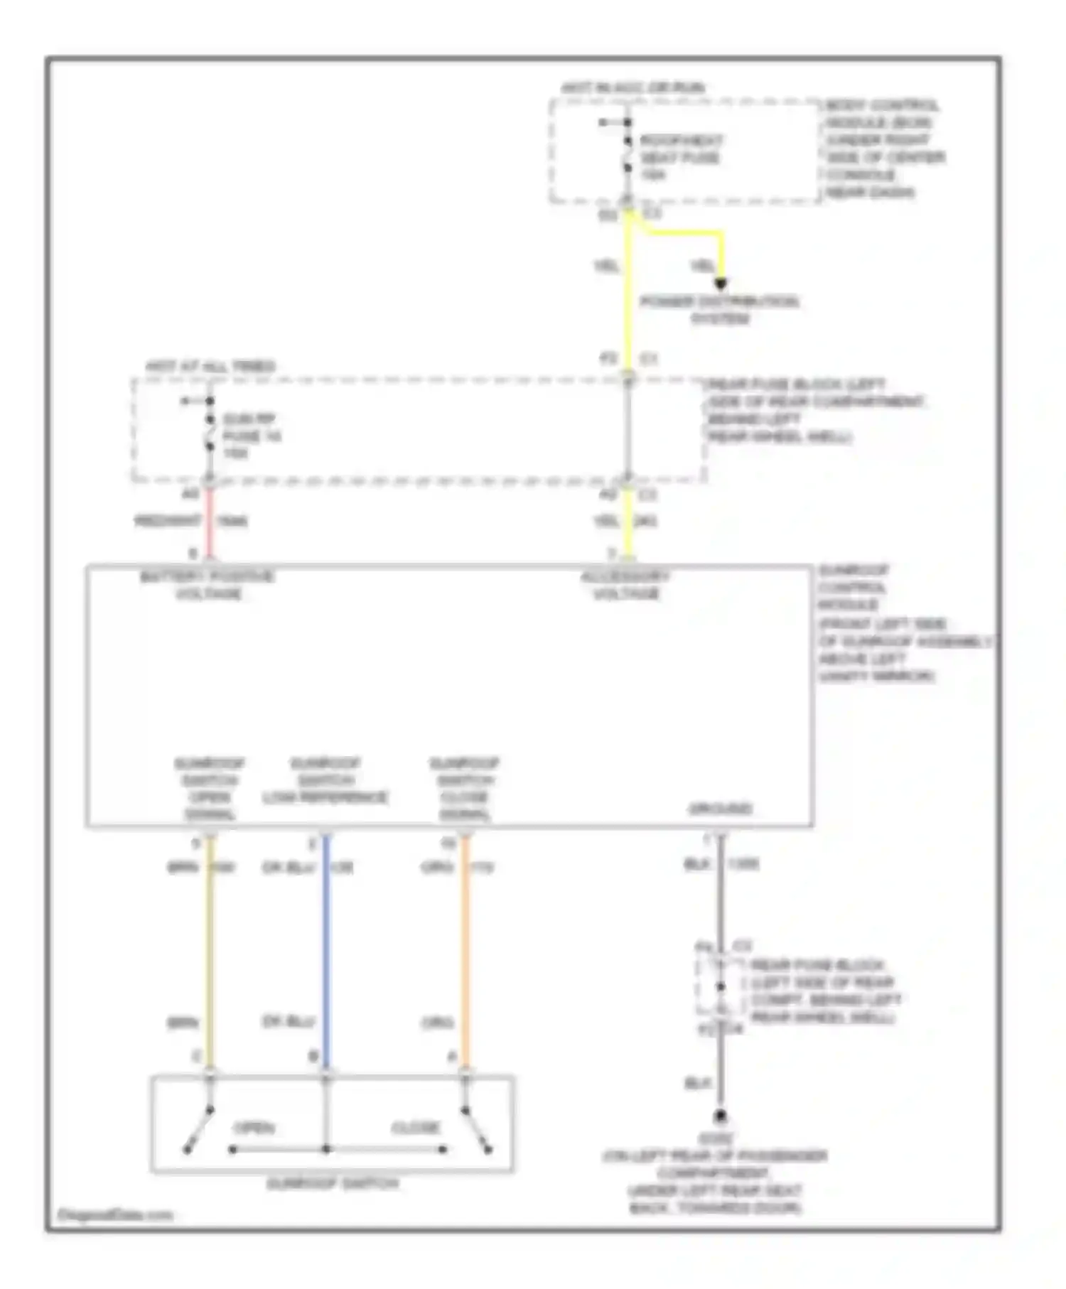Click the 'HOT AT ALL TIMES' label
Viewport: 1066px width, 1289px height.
point(210,367)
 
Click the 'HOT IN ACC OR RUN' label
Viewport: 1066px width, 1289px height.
point(632,88)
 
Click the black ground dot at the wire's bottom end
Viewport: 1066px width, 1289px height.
point(720,1116)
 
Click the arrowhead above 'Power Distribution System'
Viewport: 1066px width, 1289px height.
point(721,284)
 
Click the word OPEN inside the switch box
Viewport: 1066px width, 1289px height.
point(254,1128)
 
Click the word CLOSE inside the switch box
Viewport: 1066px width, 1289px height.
point(416,1128)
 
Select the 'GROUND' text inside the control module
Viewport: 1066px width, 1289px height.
point(720,809)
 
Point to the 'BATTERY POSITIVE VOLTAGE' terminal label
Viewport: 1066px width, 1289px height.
point(208,585)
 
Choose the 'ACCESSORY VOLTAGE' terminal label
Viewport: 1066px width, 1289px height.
point(625,585)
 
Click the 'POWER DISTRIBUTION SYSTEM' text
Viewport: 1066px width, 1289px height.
point(719,310)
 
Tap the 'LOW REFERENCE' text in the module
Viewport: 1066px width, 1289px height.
point(325,797)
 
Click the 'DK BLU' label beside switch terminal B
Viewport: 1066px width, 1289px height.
point(289,1022)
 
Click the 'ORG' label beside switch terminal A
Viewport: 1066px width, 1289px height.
point(437,1023)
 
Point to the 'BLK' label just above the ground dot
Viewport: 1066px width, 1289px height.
point(697,1083)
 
